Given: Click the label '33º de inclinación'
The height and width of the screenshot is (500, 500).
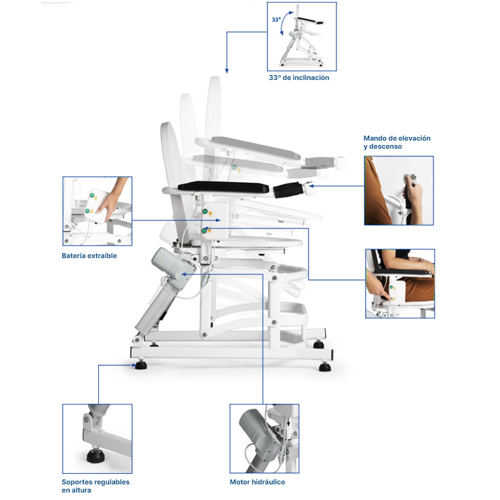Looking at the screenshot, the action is pyautogui.click(x=299, y=77).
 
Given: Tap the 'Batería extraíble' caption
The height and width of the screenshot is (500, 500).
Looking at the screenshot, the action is pyautogui.click(x=89, y=256).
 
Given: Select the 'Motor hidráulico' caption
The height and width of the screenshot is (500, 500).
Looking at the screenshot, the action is pyautogui.click(x=257, y=482).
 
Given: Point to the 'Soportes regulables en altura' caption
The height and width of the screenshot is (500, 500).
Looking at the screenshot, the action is pyautogui.click(x=96, y=486).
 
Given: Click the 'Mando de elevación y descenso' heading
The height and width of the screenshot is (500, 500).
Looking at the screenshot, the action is pyautogui.click(x=397, y=142).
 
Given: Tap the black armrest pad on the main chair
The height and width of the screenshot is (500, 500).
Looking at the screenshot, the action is pyautogui.click(x=223, y=187).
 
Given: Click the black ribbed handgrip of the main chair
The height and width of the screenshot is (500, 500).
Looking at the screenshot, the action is pyautogui.click(x=289, y=190).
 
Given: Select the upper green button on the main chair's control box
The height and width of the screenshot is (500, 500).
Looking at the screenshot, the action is pyautogui.click(x=205, y=211).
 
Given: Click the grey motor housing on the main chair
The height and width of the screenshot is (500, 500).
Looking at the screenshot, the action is pyautogui.click(x=172, y=268).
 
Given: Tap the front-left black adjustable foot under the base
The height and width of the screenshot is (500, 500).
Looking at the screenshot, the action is pyautogui.click(x=141, y=365).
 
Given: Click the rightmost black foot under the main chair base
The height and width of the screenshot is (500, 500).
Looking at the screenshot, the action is pyautogui.click(x=325, y=367).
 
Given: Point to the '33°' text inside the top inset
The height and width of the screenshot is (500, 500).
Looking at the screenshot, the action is pyautogui.click(x=276, y=20).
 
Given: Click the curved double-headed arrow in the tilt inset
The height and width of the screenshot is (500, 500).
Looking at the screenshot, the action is pyautogui.click(x=285, y=22).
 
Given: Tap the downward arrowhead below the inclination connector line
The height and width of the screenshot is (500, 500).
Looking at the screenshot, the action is pyautogui.click(x=227, y=71).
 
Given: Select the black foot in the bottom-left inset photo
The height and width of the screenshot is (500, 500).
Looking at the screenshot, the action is pyautogui.click(x=96, y=456).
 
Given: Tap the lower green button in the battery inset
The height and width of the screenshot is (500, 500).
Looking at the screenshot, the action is pyautogui.click(x=87, y=211).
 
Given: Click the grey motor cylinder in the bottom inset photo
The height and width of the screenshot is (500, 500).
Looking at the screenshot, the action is pyautogui.click(x=255, y=427).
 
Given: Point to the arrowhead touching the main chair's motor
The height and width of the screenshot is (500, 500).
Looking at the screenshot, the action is pyautogui.click(x=184, y=274).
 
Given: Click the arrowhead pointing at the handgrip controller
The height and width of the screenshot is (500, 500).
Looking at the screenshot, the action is pyautogui.click(x=311, y=186).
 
